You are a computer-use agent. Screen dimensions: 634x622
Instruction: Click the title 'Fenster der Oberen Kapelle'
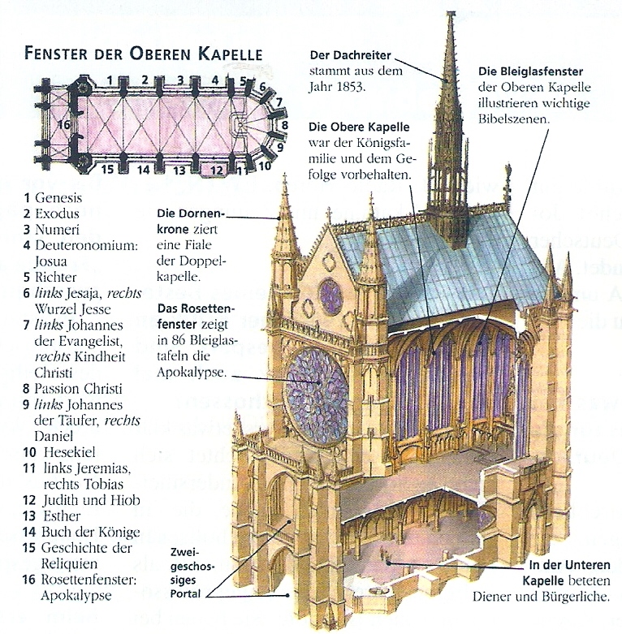click(143, 55)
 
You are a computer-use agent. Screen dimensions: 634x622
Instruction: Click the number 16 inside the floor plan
click(64, 125)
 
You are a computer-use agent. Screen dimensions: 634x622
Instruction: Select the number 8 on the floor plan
click(283, 125)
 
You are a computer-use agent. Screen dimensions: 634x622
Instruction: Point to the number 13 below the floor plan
click(179, 170)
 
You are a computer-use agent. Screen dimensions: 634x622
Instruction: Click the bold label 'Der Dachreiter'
click(351, 54)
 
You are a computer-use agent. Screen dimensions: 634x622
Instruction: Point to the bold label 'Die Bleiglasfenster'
click(530, 71)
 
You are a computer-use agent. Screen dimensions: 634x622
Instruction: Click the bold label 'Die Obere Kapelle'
click(359, 127)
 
